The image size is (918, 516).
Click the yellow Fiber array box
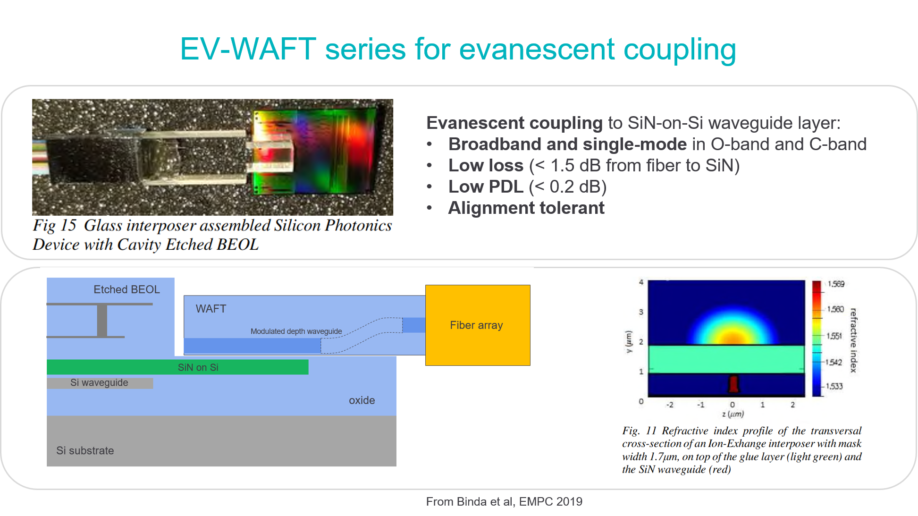click(x=478, y=325)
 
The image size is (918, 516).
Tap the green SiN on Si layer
click(x=177, y=367)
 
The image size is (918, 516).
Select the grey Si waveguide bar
click(x=100, y=383)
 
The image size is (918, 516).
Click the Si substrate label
click(x=85, y=450)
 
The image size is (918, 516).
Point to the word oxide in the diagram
click(x=362, y=400)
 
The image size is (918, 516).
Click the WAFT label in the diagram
click(x=211, y=309)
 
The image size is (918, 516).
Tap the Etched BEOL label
click(x=126, y=289)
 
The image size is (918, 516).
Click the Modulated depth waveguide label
click(x=296, y=331)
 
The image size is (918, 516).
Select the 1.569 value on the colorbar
click(x=836, y=284)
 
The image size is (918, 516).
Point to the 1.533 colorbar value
click(x=834, y=386)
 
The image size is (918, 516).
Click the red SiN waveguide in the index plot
click(x=733, y=384)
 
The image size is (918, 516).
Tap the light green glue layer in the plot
click(x=726, y=359)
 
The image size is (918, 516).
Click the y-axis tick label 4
click(x=641, y=282)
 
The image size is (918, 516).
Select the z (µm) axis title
click(x=733, y=414)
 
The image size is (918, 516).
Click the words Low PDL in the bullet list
click(x=486, y=187)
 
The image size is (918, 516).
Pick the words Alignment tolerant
click(x=526, y=208)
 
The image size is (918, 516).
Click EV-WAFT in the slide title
click(x=248, y=49)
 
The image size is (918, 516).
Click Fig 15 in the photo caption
click(x=55, y=226)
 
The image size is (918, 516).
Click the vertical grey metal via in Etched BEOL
click(x=102, y=321)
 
